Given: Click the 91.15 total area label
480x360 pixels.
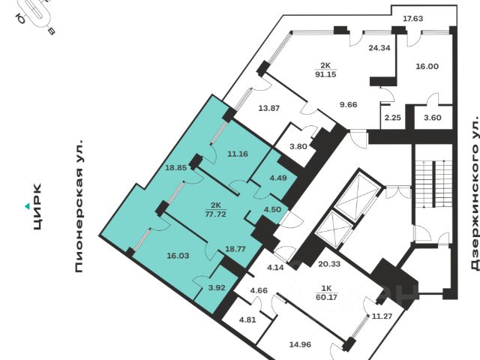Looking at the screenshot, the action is [325, 74].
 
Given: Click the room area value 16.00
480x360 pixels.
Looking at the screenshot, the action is [427, 66].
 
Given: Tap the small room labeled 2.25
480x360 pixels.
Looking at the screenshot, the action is [392, 117].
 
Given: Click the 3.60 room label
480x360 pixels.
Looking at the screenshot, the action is [433, 117].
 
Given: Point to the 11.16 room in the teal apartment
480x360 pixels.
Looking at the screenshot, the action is [237, 154].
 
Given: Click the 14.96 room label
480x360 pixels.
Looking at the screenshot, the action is [299, 345].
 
